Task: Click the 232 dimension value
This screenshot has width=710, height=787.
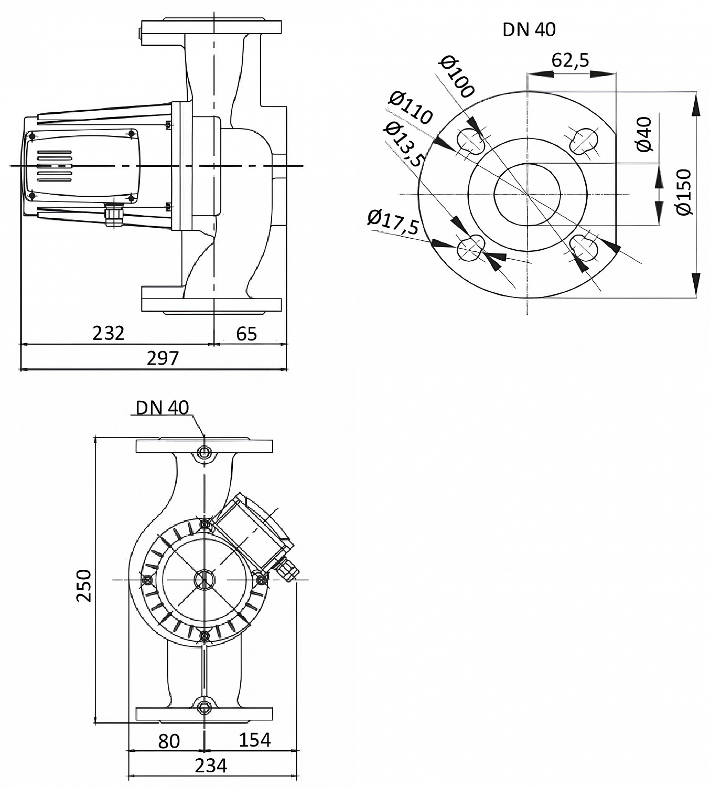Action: click(x=109, y=333)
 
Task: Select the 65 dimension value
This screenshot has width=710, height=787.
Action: click(x=246, y=333)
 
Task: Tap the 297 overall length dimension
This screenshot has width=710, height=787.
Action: click(x=163, y=358)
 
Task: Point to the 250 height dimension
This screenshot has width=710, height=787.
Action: click(x=84, y=585)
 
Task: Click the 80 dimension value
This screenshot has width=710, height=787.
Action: click(x=169, y=741)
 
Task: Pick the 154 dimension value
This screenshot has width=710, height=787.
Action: click(x=255, y=740)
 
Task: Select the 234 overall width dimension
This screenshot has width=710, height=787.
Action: click(x=211, y=765)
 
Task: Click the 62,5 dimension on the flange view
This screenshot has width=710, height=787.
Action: click(x=571, y=60)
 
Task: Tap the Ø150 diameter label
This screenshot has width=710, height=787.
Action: click(x=684, y=192)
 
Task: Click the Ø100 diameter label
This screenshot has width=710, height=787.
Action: click(x=457, y=76)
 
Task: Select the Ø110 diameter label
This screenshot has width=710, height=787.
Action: click(x=411, y=108)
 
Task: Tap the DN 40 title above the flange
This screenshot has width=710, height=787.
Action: click(x=529, y=30)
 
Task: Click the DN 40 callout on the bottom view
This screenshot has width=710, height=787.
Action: click(x=162, y=408)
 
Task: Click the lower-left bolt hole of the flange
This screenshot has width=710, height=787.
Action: click(x=470, y=248)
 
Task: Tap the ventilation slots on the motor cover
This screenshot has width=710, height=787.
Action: click(x=54, y=166)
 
